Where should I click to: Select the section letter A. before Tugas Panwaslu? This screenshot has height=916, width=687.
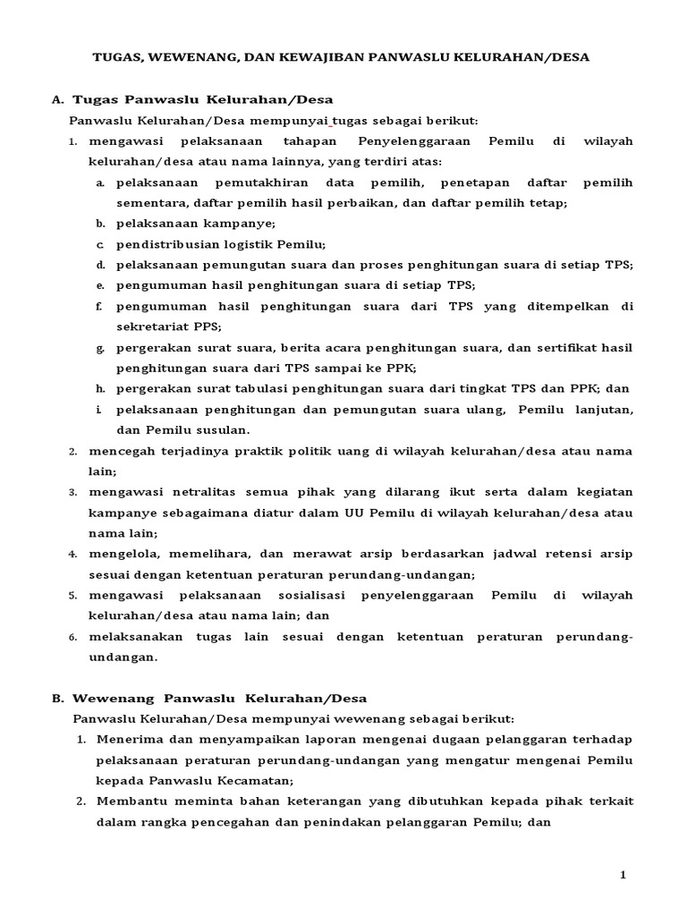click(x=58, y=99)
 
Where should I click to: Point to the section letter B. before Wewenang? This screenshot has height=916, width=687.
click(x=58, y=698)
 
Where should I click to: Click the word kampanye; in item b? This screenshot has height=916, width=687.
click(x=239, y=224)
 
